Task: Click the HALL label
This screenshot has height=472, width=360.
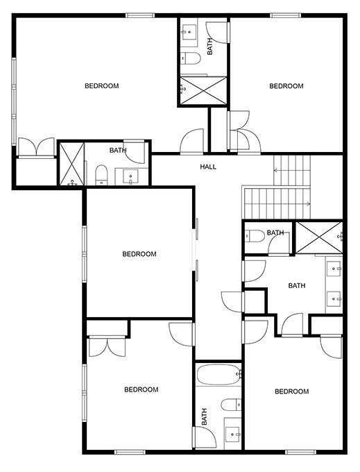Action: tap(208, 167)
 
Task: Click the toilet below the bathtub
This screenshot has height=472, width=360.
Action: tap(230, 405)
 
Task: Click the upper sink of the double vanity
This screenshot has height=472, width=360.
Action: tap(335, 267)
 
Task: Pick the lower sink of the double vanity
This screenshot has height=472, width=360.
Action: tap(335, 299)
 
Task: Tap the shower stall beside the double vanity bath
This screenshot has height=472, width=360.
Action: tap(318, 237)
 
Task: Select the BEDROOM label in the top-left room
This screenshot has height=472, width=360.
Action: tap(101, 86)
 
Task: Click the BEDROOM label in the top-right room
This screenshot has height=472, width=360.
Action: tap(286, 86)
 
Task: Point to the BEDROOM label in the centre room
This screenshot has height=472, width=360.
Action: tap(139, 254)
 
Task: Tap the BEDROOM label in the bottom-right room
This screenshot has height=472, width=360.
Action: tap(291, 391)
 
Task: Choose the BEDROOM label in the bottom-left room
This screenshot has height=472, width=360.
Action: tap(141, 389)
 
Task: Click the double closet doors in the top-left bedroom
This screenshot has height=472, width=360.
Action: tap(36, 147)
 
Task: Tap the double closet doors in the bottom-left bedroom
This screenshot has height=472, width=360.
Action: tap(107, 345)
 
